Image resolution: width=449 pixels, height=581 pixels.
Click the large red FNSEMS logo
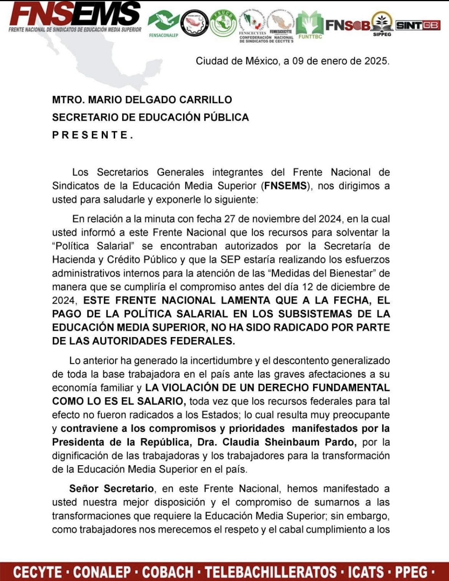[x=75, y=16]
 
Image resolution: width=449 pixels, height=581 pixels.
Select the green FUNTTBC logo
[x=310, y=25]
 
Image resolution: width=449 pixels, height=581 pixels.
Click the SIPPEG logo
[x=382, y=24]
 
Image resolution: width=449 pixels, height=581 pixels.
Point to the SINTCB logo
[x=418, y=25]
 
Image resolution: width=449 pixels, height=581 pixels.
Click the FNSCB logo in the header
[x=348, y=25]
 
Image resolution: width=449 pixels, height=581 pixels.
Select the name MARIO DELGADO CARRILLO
[x=160, y=100]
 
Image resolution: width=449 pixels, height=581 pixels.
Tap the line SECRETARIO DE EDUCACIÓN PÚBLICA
[x=150, y=117]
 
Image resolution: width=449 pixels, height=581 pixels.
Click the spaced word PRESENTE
[x=92, y=135]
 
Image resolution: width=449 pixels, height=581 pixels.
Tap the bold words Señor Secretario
[x=111, y=489]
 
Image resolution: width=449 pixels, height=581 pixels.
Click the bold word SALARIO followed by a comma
[x=162, y=401]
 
